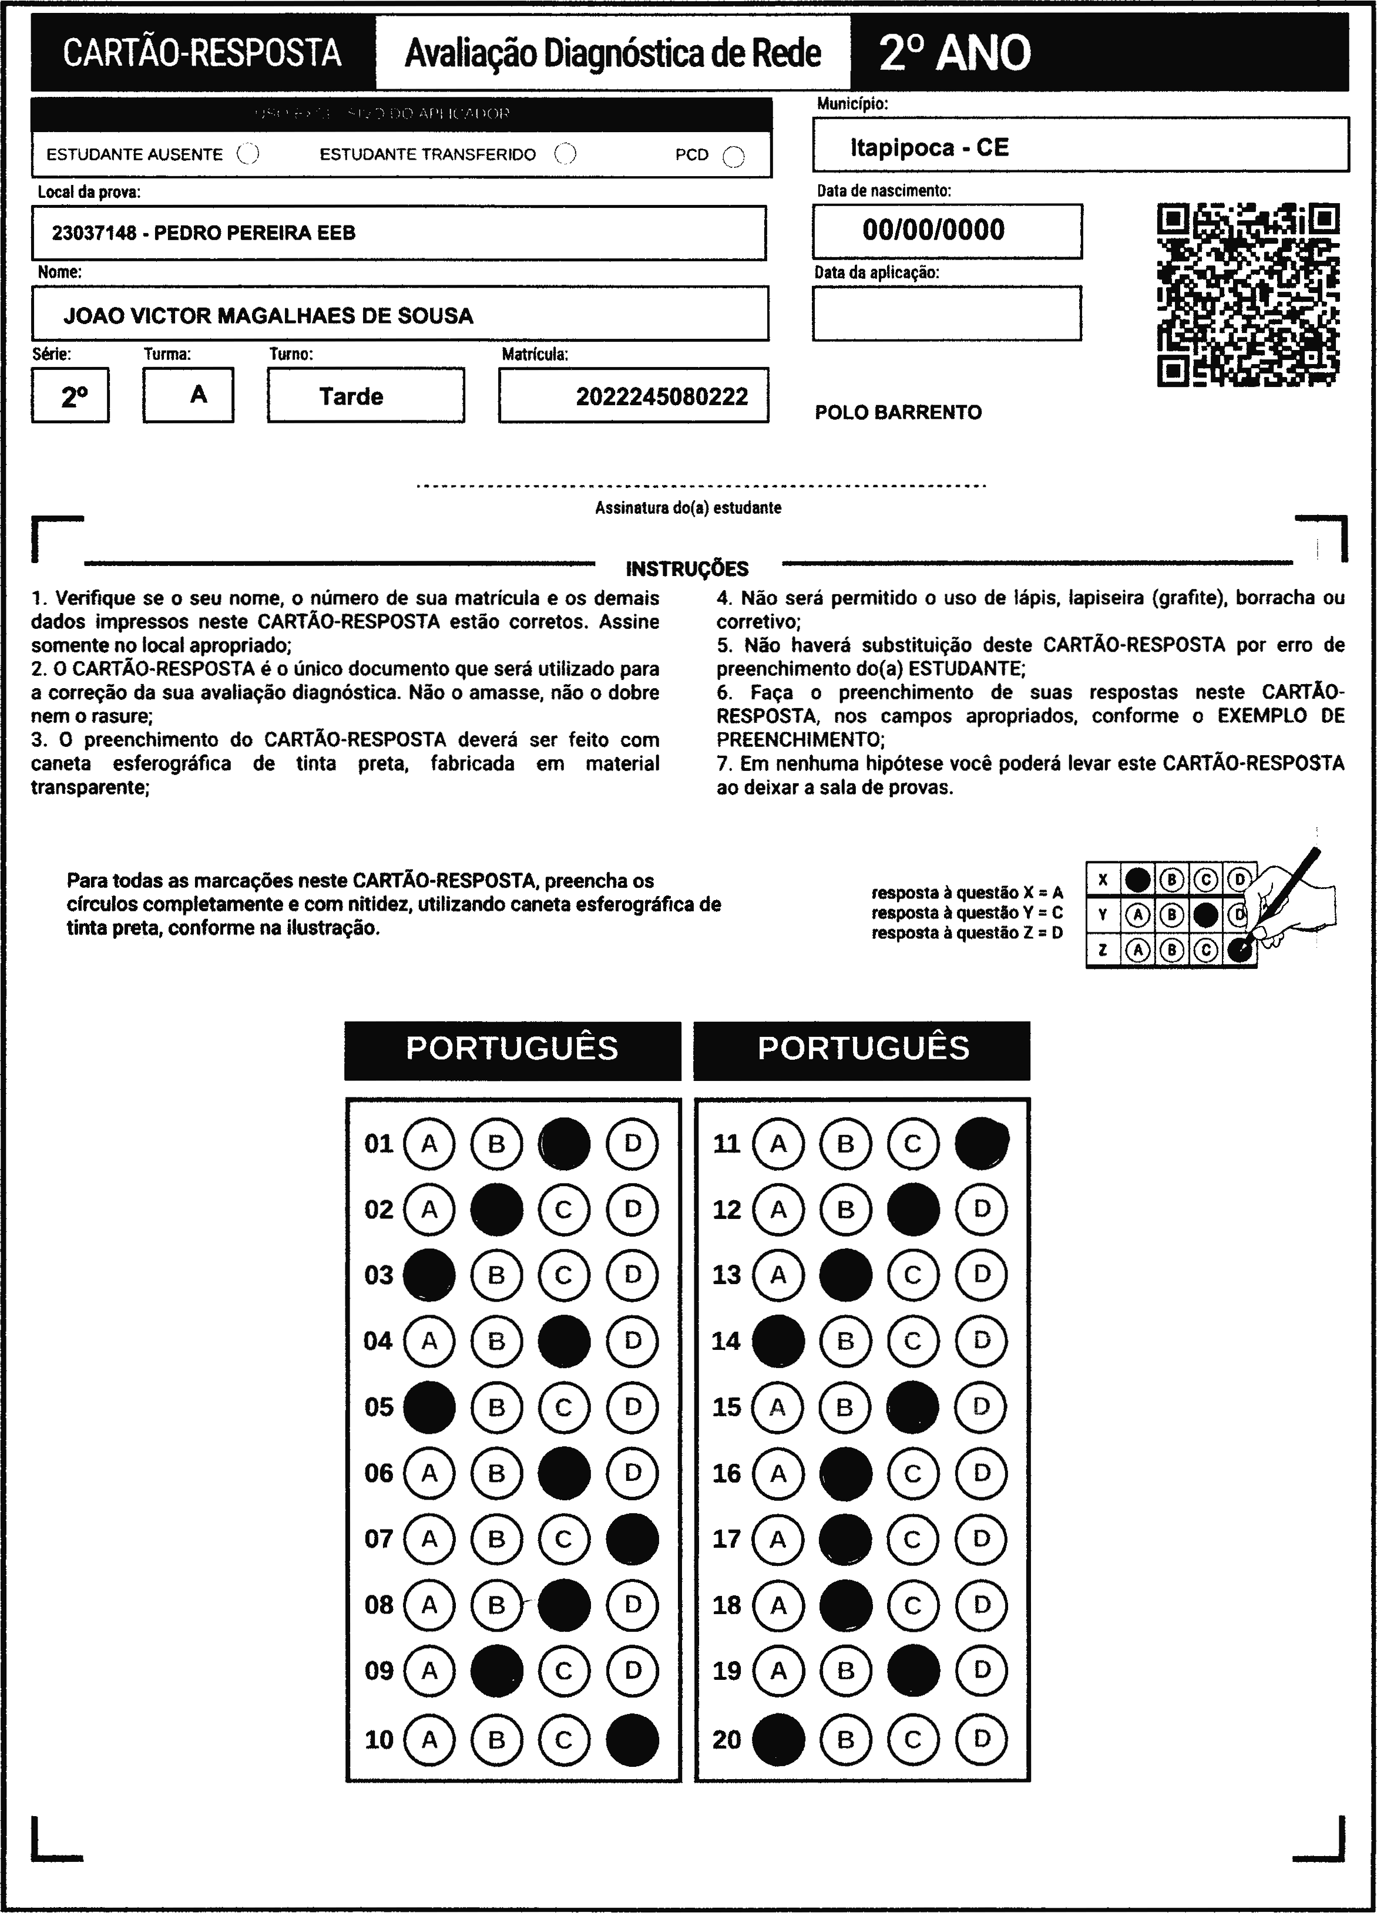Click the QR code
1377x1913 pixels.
point(1247,294)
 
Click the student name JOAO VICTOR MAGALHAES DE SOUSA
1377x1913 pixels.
point(268,315)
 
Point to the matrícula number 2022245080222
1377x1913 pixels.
point(661,396)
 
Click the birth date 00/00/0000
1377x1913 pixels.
point(933,230)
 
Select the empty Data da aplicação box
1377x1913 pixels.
point(947,313)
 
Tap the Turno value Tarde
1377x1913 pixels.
point(351,396)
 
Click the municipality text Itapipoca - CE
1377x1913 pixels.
point(929,147)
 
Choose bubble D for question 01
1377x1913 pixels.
point(632,1144)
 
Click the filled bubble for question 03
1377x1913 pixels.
point(429,1275)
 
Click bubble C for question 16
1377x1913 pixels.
point(913,1474)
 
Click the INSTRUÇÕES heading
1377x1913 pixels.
point(687,568)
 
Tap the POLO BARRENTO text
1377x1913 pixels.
point(898,412)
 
